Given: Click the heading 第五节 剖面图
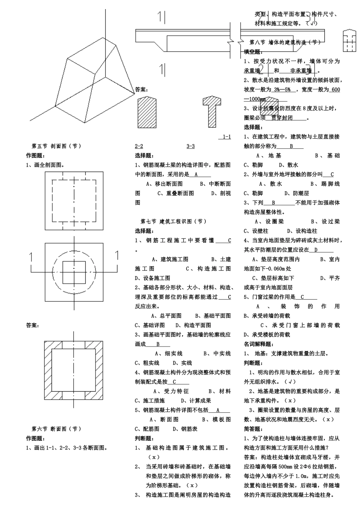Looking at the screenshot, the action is tap(56, 146).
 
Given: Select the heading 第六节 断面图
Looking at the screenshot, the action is tap(56, 429).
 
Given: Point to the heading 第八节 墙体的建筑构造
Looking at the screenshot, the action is tap(285, 42).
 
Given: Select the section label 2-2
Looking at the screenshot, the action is tap(139, 146).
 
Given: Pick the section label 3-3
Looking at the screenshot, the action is tap(191, 146).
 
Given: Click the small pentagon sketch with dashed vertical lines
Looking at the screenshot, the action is tap(349, 40).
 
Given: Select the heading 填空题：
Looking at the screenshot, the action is tap(252, 52).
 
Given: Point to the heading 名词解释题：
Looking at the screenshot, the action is tap(258, 344).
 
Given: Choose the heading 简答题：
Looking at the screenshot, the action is tap(252, 429).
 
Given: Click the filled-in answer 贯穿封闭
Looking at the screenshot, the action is tap(282, 118).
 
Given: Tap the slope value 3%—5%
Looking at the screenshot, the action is tap(282, 90).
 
